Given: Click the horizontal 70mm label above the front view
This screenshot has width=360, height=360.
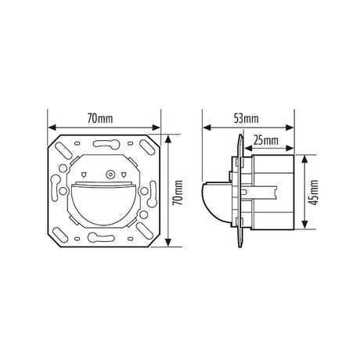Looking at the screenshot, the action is [x=100, y=119].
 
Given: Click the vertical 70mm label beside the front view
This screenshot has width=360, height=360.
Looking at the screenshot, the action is [x=178, y=193].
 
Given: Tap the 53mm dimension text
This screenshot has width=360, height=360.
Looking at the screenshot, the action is [x=246, y=119].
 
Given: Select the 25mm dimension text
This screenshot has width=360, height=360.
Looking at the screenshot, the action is [x=265, y=141].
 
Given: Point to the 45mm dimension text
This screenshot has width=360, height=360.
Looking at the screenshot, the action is [x=314, y=193].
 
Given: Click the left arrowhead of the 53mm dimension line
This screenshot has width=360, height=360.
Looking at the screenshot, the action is [x=207, y=128].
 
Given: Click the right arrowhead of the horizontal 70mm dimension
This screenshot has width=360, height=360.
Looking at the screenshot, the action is [x=156, y=128].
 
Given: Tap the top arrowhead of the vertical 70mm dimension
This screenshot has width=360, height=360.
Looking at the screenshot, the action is [x=168, y=139].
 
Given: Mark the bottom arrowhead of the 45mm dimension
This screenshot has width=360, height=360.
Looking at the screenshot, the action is [x=304, y=225].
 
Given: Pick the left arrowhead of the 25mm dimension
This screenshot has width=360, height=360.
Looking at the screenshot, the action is [x=249, y=148].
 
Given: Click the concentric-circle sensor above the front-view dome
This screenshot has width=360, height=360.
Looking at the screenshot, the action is [x=110, y=175].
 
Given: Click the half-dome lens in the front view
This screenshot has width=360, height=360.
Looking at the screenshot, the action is [x=103, y=204].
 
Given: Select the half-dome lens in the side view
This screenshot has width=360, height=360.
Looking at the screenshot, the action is [x=216, y=201].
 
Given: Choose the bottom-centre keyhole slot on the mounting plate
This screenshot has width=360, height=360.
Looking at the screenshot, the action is [x=101, y=237].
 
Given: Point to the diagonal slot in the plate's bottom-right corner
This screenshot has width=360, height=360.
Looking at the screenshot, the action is [x=144, y=229].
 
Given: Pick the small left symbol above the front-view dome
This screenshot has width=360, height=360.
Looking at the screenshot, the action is [x=84, y=174].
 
